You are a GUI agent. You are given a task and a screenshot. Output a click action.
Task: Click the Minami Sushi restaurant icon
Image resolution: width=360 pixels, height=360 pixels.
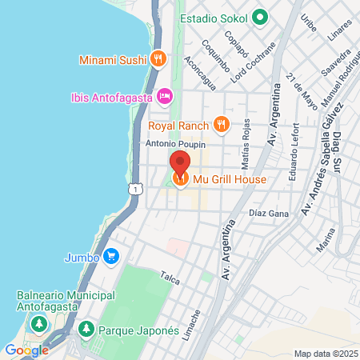pyautogui.click(x=158, y=58)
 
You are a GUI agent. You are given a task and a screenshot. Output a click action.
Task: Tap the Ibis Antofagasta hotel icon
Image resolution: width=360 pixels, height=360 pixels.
pyautogui.click(x=165, y=96)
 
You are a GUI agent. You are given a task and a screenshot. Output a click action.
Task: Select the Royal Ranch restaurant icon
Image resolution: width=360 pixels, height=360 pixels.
pyautogui.click(x=222, y=124)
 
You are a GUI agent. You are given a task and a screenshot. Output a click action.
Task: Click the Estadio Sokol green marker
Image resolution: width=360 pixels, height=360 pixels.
pyautogui.click(x=259, y=17)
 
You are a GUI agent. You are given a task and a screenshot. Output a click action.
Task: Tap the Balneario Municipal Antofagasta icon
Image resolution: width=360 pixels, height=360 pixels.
pyautogui.click(x=38, y=324)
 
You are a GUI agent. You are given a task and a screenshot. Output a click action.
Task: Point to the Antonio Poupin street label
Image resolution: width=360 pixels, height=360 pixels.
pyautogui.click(x=176, y=144)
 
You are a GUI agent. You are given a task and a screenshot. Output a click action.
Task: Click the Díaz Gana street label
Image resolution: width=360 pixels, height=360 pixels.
pyautogui.click(x=269, y=214)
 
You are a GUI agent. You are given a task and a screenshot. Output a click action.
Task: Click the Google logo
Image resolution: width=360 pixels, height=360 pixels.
pyautogui.click(x=26, y=350)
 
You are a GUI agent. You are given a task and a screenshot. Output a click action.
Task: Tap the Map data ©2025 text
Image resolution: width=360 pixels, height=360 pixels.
pyautogui.click(x=325, y=354)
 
